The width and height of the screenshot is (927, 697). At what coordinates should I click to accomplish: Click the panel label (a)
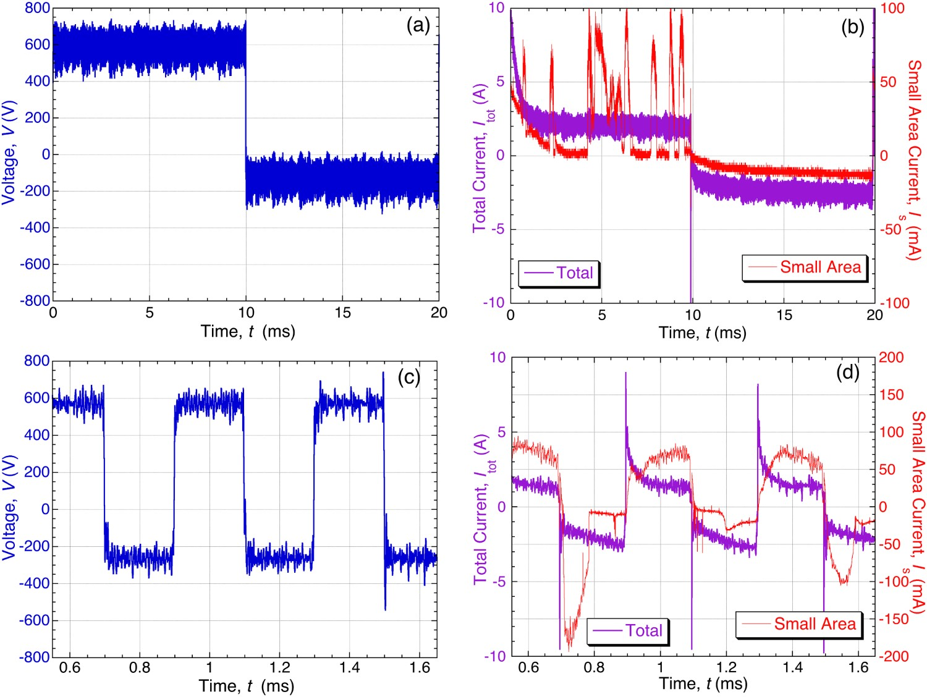tap(418, 26)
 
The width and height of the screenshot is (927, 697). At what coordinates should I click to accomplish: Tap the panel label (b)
tap(853, 27)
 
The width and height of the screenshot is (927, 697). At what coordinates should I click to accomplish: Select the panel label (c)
tap(409, 378)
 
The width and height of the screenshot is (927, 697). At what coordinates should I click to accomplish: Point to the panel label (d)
tap(848, 373)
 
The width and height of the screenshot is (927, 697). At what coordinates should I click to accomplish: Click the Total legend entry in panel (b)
tap(558, 272)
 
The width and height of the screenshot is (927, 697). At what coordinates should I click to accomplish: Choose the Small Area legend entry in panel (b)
tap(804, 267)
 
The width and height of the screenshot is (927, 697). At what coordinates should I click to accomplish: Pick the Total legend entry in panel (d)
tap(627, 631)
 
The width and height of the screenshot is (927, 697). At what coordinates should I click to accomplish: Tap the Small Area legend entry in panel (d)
tap(798, 624)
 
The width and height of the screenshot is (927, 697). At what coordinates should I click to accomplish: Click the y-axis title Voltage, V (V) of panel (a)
tap(9, 153)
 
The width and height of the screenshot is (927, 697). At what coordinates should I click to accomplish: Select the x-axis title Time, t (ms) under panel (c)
tap(246, 686)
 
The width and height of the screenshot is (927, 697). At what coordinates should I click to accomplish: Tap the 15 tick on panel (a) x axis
tap(342, 313)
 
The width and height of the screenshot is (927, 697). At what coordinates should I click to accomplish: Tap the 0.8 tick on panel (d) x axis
tap(594, 667)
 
